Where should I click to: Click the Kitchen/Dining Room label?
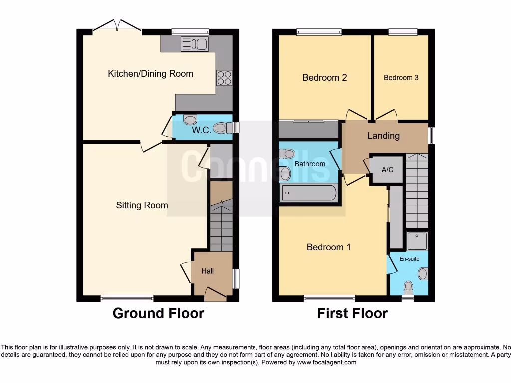point(150,74)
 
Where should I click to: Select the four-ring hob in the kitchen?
point(224,78)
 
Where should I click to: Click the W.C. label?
point(202,130)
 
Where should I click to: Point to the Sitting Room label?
point(142,205)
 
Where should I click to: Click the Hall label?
point(208,271)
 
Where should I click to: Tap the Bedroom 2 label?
point(324,78)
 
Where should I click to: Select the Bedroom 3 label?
point(401,78)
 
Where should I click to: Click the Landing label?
point(383,136)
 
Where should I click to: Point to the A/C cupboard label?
point(387,170)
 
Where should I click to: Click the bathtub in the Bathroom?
point(309,193)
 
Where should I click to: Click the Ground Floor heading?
point(158,313)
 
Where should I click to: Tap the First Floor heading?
point(352,313)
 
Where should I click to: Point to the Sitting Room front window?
point(127,298)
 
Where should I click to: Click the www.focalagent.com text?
point(326,362)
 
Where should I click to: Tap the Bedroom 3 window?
point(403,32)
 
